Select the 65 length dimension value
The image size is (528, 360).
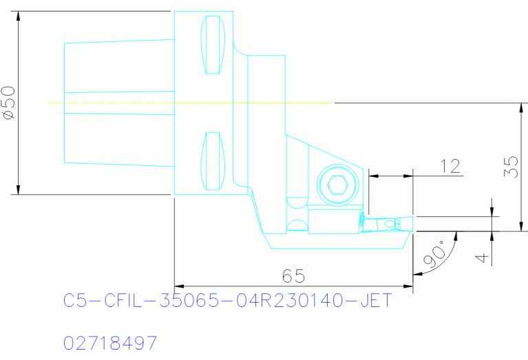(x=294, y=275)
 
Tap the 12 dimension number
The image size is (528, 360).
(x=450, y=166)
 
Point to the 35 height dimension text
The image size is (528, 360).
(x=510, y=167)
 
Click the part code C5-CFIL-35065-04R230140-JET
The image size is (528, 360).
(x=227, y=301)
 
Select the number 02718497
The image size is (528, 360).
(x=110, y=342)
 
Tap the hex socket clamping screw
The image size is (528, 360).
(x=337, y=184)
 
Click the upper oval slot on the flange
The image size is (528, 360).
(x=213, y=43)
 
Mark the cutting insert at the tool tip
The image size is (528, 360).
(x=382, y=224)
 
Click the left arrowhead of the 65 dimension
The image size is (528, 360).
(x=178, y=284)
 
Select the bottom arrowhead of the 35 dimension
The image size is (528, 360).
(x=521, y=227)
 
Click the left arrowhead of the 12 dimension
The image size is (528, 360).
(x=373, y=176)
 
